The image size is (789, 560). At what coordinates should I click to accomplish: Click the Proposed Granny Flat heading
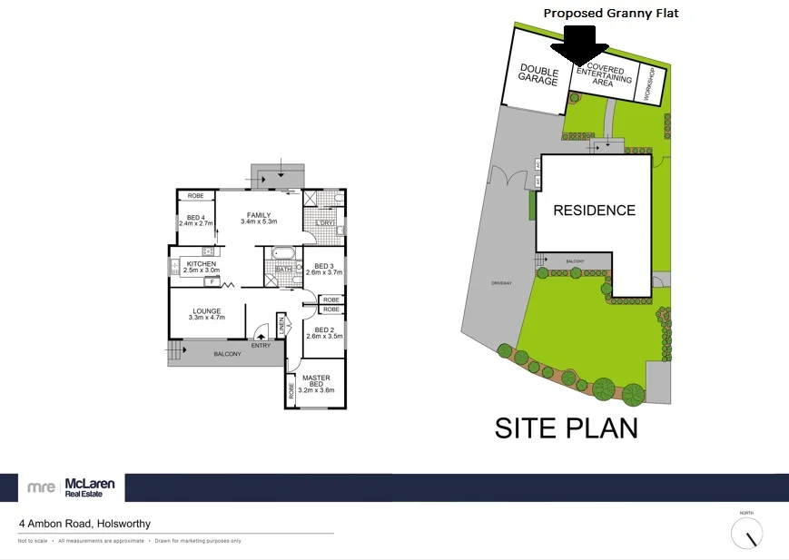[610, 13]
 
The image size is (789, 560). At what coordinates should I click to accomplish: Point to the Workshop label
[649, 84]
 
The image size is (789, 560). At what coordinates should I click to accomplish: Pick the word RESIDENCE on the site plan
[595, 211]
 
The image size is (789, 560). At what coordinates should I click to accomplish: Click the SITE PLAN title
[566, 427]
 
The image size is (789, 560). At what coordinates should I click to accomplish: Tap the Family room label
[258, 218]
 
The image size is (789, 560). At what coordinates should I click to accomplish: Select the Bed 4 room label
[195, 221]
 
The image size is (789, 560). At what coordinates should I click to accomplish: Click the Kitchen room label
[201, 267]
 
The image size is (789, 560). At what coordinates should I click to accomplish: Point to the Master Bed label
[317, 384]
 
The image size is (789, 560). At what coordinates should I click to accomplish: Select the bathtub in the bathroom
[283, 253]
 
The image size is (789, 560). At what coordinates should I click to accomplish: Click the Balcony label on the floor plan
[227, 354]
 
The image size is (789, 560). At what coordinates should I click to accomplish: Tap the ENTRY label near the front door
[261, 345]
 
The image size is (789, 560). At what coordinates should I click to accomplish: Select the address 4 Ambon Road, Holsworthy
[85, 524]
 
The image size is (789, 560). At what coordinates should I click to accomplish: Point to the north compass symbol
[747, 534]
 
